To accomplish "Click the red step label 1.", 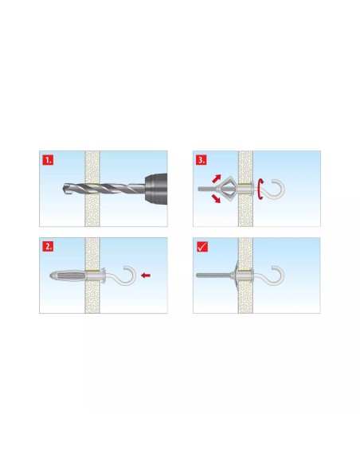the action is coord(48,160).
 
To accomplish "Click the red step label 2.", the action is coord(48,247).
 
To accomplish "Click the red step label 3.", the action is coord(202,160).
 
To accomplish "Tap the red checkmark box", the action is coord(202,247).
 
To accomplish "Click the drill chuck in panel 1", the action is coord(155,189).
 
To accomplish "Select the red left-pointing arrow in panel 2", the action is coord(146,275).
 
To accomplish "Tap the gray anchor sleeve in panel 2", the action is coord(68,275).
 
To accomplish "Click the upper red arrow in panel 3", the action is coord(217,178).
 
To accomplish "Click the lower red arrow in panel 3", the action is coord(216,198).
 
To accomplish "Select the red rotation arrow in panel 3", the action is coord(260,189).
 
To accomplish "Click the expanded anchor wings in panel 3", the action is coord(226,189).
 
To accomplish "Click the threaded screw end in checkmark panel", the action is coord(213,275).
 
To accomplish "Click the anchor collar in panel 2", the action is coord(103,275).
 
